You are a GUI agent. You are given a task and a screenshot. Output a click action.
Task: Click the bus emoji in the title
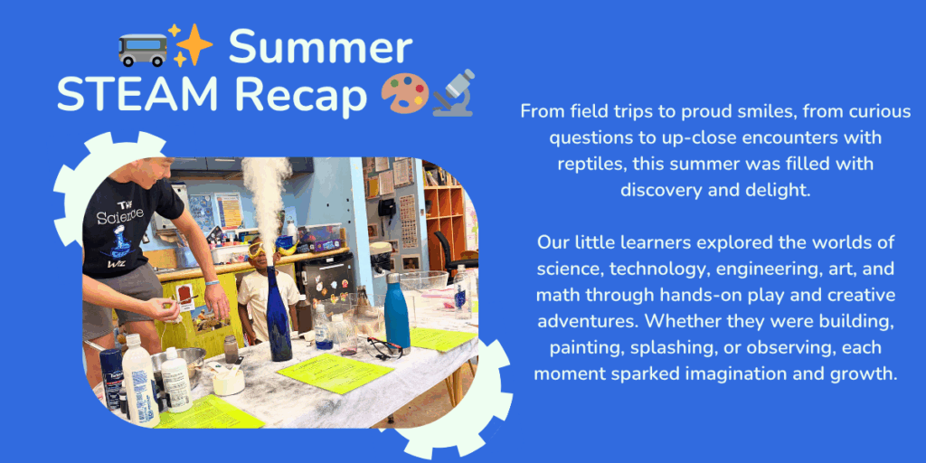point(142,50)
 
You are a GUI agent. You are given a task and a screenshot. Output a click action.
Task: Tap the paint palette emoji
point(404,93)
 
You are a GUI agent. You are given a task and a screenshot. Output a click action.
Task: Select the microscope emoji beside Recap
point(454,93)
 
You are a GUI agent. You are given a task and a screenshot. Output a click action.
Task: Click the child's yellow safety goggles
point(260,248)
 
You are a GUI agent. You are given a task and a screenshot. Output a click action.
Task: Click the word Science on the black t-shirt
point(120,217)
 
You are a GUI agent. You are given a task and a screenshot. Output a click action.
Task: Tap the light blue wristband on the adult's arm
point(212,283)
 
